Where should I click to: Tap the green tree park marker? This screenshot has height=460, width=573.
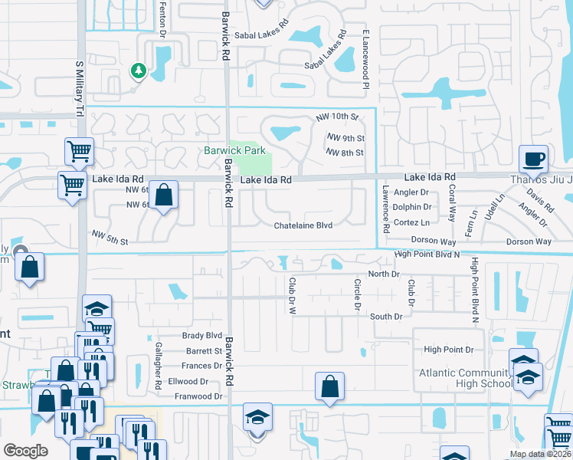pos(139,71)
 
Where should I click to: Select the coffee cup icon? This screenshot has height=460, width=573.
pos(534,159)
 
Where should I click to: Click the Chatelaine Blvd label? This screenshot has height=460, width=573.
pos(303,225)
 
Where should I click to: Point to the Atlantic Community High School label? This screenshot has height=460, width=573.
pos(465,379)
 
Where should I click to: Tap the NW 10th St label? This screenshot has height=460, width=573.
pos(337,117)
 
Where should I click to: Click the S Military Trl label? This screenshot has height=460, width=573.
pos(79,88)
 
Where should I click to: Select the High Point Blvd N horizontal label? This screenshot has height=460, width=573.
pos(427,255)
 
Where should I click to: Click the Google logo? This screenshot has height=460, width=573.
pos(25,450)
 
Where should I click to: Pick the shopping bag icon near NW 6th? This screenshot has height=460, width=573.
pos(163,195)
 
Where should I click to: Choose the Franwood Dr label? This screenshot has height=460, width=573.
pos(198,396)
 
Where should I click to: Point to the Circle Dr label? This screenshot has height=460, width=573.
pos(357,294)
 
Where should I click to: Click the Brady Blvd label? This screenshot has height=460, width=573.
pos(202,336)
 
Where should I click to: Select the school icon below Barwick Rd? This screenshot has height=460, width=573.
pos(257,419)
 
